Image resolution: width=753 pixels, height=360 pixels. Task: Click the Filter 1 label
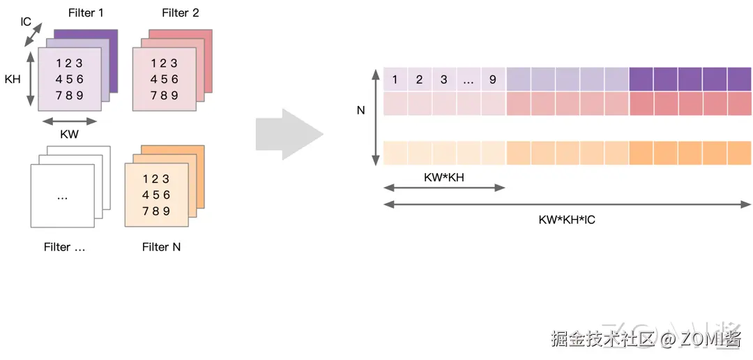86,13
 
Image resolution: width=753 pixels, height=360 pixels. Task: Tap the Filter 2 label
180,13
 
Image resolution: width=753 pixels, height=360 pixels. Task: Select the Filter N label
161,247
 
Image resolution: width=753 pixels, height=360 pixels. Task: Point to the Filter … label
64,247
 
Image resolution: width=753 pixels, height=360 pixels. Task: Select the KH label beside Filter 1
13,79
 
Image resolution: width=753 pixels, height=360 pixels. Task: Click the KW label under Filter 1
70,135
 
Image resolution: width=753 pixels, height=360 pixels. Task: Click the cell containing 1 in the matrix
395,80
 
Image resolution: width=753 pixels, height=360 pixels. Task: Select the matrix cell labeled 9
492,80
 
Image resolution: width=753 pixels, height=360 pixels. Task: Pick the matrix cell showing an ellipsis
468,80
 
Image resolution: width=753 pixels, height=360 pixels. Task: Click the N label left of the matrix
360,110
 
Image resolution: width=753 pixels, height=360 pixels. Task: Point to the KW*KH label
443,177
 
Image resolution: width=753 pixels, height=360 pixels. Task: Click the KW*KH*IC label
567,220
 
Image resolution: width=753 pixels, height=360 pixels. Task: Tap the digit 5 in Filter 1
70,79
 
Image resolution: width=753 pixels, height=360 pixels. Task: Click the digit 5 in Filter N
156,195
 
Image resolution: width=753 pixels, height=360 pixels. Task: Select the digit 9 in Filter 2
174,95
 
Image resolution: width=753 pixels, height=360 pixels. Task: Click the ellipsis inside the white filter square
62,197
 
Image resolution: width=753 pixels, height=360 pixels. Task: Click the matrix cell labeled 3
443,80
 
